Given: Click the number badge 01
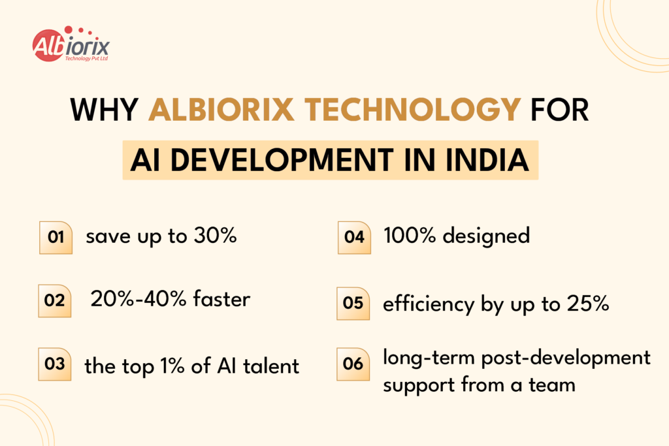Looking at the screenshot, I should pyautogui.click(x=56, y=238).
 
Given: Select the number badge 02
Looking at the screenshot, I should pyautogui.click(x=54, y=301).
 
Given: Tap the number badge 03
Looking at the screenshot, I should pyautogui.click(x=56, y=364).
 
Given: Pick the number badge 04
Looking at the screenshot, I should pyautogui.click(x=353, y=238).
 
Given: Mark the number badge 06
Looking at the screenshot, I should pyautogui.click(x=353, y=364).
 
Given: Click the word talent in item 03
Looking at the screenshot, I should pyautogui.click(x=272, y=366).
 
